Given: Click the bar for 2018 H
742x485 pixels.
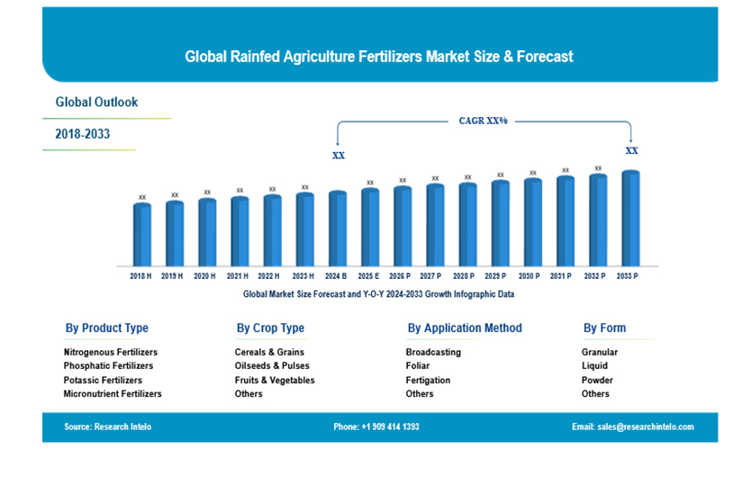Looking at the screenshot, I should (142, 235).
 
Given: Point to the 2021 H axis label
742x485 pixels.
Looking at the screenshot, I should (239, 276).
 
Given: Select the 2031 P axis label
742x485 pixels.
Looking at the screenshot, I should (565, 276).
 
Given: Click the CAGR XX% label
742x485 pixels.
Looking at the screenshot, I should (484, 121).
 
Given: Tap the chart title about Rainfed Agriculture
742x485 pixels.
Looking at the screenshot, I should (379, 57).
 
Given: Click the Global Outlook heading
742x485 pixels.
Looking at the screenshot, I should (97, 103).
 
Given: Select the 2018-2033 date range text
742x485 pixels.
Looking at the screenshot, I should (83, 134).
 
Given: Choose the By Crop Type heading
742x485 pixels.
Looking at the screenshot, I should (270, 328).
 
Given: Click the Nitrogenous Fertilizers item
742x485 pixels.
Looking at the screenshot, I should (111, 353).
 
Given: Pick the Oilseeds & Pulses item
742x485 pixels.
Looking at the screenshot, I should (272, 366).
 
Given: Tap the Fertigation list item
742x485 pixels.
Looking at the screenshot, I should (428, 381).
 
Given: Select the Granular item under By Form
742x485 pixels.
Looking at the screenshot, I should (600, 353).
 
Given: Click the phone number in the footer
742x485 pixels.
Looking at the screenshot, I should (376, 427).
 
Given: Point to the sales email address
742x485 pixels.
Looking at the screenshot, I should (633, 427).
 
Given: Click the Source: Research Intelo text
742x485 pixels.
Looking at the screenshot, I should (108, 427).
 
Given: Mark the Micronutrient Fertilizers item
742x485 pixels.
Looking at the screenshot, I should (113, 394).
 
